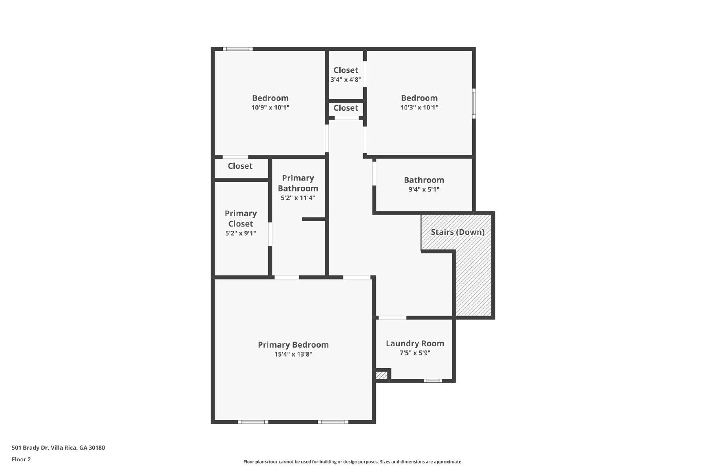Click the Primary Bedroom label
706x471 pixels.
click(x=293, y=345)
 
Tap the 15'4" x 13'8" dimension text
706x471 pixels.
click(x=293, y=354)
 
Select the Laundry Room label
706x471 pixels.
click(x=415, y=343)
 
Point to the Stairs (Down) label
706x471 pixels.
click(x=458, y=232)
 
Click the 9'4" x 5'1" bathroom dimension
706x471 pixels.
click(x=424, y=189)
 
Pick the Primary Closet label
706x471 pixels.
click(x=240, y=219)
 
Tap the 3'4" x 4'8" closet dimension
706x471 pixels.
click(x=345, y=80)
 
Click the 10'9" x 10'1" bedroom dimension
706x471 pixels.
click(x=270, y=108)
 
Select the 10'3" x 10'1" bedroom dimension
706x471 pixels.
click(x=419, y=108)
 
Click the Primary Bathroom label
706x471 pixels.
click(x=298, y=183)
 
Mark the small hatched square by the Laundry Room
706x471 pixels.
click(x=381, y=376)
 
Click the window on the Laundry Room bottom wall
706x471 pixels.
click(x=432, y=381)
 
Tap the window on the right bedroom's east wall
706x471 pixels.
click(x=474, y=103)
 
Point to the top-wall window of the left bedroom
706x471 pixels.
click(x=237, y=49)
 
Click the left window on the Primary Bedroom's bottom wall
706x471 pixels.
click(x=253, y=422)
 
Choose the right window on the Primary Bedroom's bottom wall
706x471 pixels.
click(x=333, y=422)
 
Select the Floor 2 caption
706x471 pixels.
click(x=21, y=460)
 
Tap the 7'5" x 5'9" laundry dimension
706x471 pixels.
click(x=415, y=353)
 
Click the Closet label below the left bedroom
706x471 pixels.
click(x=240, y=166)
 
